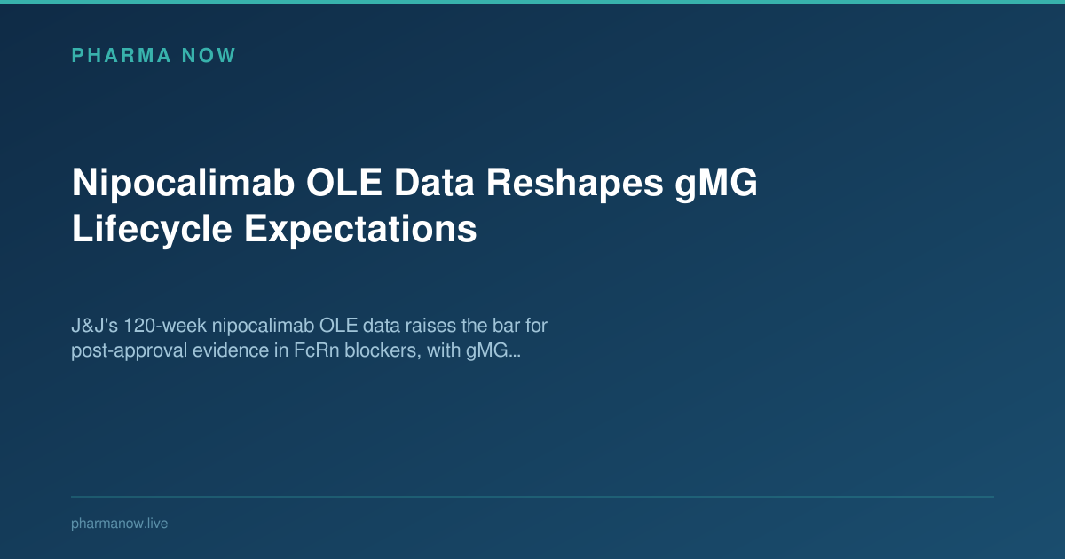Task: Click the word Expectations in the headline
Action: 360,230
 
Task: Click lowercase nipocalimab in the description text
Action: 261,325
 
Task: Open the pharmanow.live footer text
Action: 119,524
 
